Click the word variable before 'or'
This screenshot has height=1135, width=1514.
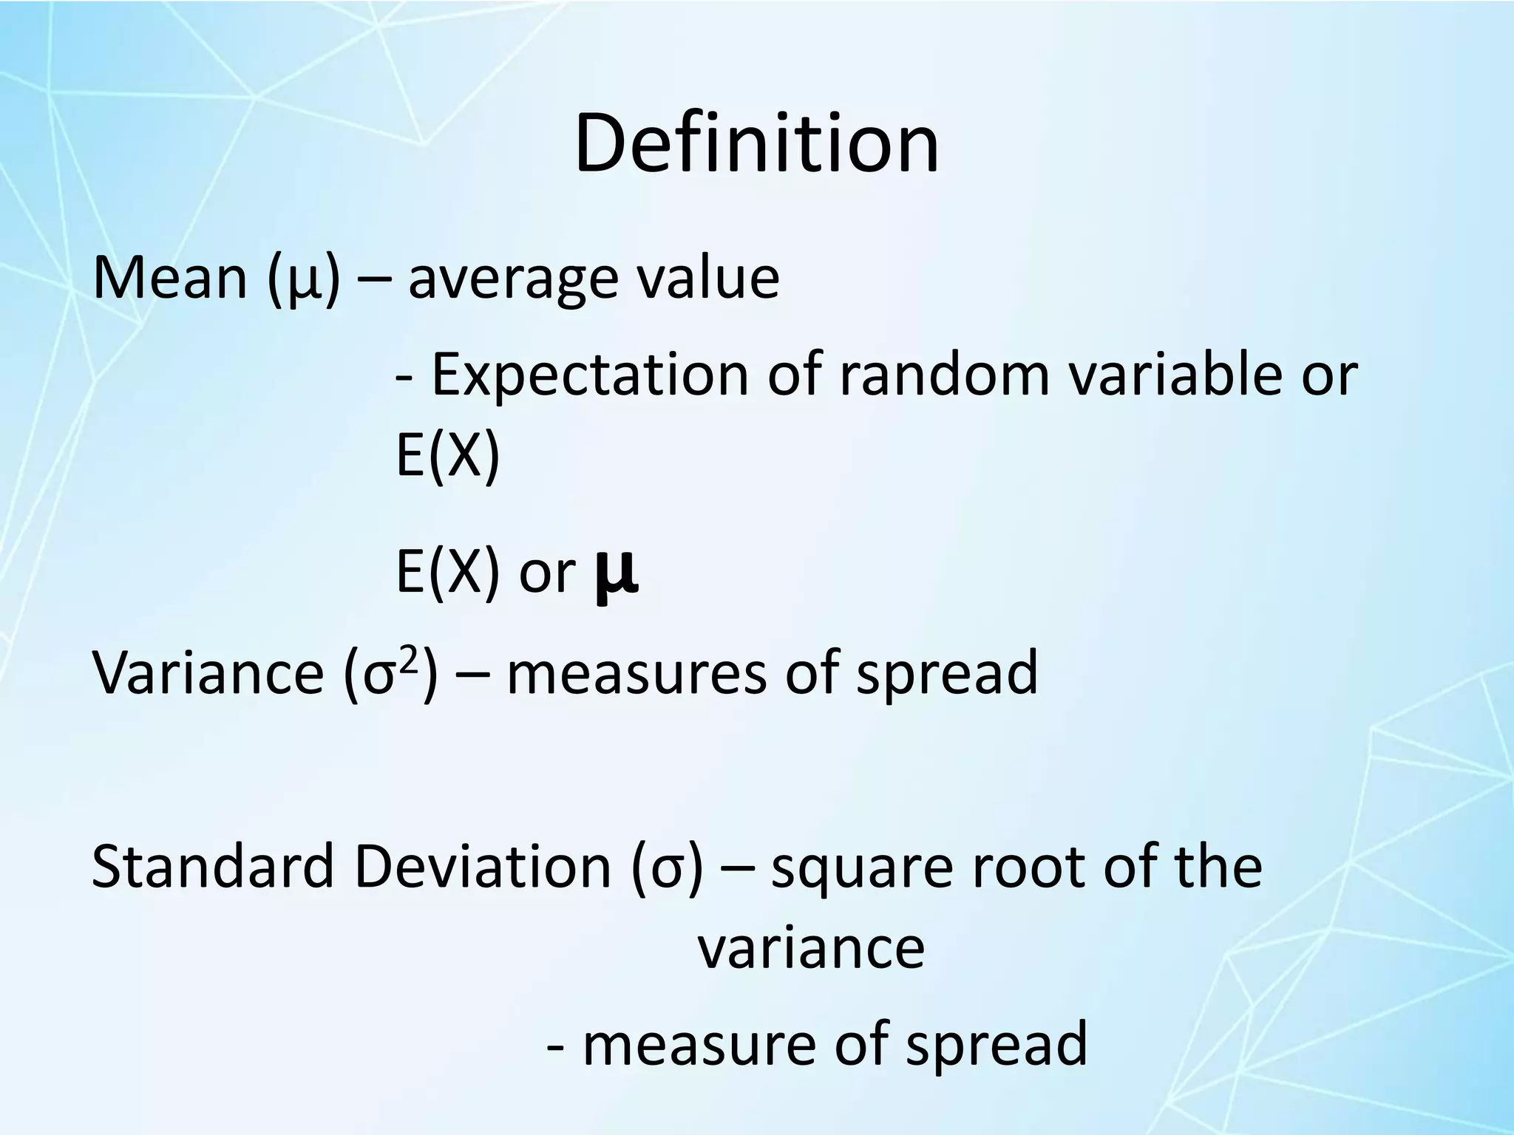(1175, 374)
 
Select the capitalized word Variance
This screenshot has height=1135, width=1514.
(208, 672)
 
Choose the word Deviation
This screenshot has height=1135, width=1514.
(482, 866)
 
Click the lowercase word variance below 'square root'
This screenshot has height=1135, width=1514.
(811, 949)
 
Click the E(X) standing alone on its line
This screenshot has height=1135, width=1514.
(448, 457)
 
